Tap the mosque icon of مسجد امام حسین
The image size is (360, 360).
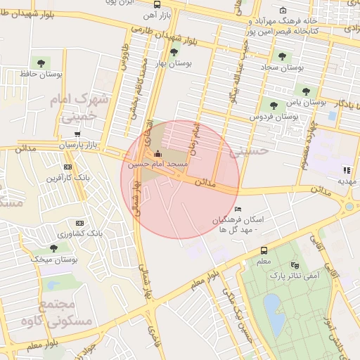point(156,153)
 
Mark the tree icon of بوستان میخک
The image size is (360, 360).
point(54,248)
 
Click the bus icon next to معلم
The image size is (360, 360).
point(264,250)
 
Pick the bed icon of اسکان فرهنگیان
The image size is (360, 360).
point(238,209)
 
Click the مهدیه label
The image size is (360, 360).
point(346,180)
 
